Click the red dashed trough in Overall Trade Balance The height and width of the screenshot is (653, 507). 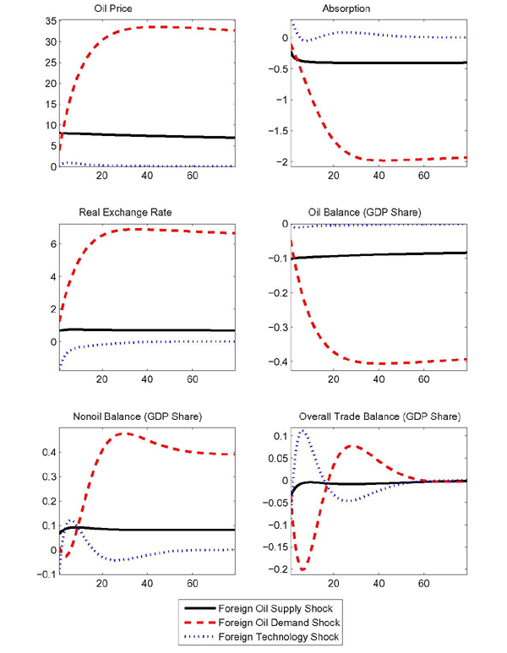pyautogui.click(x=303, y=570)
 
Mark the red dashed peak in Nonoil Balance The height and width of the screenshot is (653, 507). pyautogui.click(x=125, y=433)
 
